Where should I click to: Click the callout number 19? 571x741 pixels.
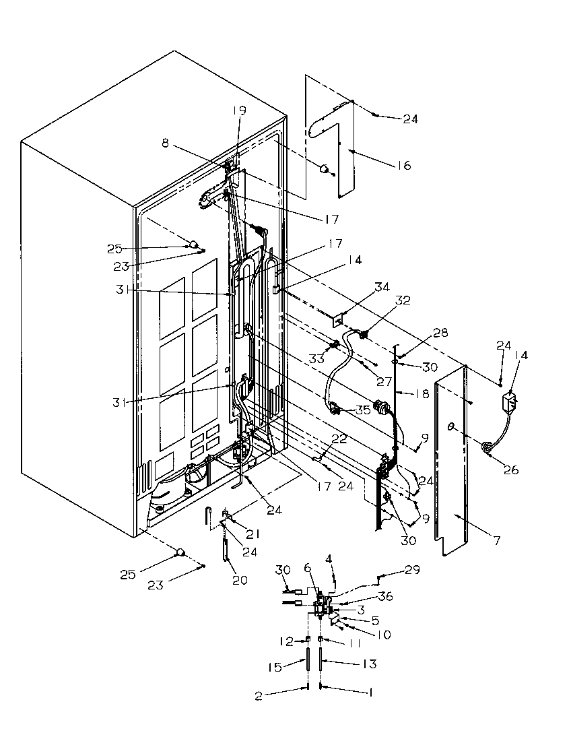240,110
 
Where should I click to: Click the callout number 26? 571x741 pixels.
511,470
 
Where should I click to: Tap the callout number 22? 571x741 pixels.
340,439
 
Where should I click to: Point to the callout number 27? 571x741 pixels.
384,381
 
